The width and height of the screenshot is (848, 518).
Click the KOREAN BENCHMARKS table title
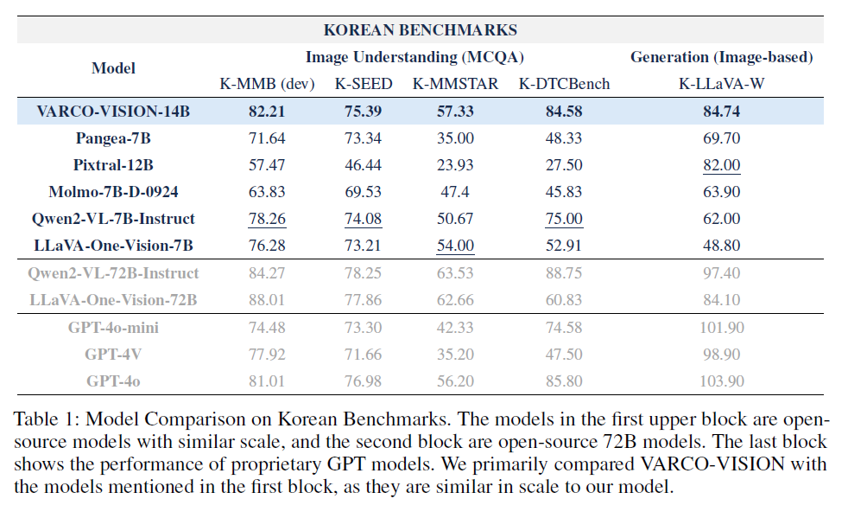tap(420, 30)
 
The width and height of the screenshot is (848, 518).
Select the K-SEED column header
tap(364, 84)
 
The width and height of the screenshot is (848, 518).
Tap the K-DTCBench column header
tap(564, 84)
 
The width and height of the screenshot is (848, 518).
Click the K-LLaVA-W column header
tap(721, 84)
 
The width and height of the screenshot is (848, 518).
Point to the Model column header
tap(113, 67)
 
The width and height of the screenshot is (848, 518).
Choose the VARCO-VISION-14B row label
tap(113, 111)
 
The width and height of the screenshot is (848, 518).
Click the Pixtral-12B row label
tap(113, 165)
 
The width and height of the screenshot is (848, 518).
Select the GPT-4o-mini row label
tap(113, 328)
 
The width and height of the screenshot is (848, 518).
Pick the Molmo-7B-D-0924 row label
tap(113, 192)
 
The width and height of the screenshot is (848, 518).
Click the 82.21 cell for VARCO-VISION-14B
tap(266, 111)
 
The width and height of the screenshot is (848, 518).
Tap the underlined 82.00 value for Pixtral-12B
tap(721, 165)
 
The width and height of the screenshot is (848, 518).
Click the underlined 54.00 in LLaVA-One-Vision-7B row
tap(454, 246)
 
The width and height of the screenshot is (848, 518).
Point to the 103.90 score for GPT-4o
tap(721, 381)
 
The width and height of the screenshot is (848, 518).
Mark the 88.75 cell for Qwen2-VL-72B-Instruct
tap(564, 273)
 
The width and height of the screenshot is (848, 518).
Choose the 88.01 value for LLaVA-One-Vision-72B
tap(266, 300)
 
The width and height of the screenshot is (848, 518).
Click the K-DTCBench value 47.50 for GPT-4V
tap(564, 355)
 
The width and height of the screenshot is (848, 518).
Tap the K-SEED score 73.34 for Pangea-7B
tap(364, 137)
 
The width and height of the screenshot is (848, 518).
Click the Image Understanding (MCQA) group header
tap(415, 57)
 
